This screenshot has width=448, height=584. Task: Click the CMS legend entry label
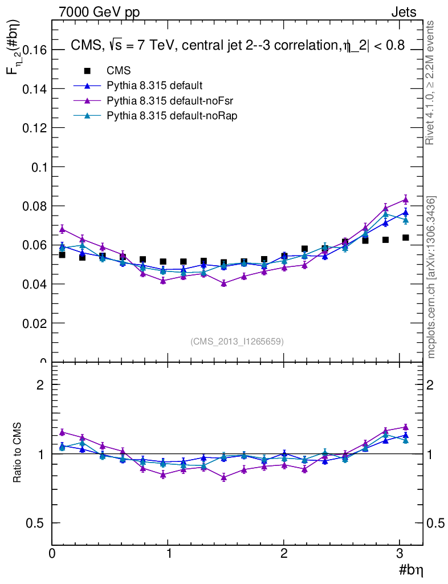(119, 71)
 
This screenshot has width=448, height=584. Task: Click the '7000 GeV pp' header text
(99, 13)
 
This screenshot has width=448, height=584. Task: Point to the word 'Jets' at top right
(403, 13)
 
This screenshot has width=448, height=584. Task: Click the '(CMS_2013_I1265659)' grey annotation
(237, 341)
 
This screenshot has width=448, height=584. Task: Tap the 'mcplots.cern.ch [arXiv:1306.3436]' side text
(432, 277)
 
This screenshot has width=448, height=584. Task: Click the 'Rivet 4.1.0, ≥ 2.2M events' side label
(431, 83)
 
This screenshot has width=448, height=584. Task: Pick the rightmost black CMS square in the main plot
(405, 237)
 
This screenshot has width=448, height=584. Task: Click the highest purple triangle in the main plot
(405, 199)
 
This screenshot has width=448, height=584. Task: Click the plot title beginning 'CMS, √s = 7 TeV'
(237, 47)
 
